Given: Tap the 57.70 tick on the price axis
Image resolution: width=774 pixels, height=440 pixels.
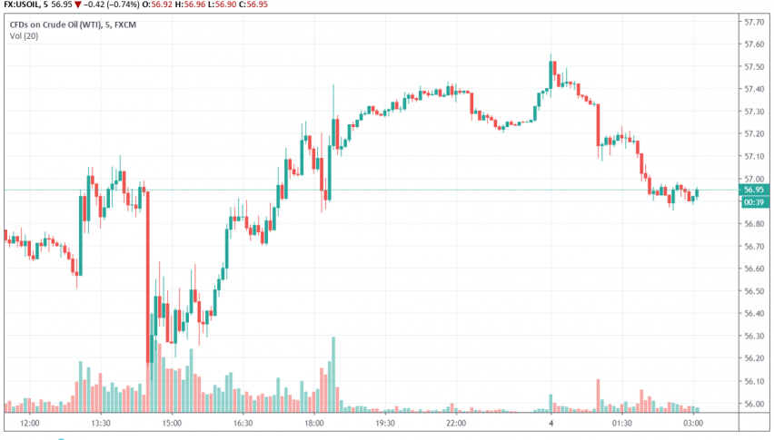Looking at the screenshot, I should [x=753, y=21].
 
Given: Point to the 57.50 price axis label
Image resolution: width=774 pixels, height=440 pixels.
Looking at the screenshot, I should [x=753, y=66].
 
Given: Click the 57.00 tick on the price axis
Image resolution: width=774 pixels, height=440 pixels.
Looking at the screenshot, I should [x=753, y=179].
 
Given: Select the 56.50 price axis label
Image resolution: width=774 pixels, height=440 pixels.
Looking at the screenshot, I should [x=753, y=291].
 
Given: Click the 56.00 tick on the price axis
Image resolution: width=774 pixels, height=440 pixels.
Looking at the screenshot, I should [x=753, y=404].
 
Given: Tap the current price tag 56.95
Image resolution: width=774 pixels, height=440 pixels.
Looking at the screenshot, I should [x=753, y=190].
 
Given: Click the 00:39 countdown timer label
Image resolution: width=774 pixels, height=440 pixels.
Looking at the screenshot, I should [x=753, y=201].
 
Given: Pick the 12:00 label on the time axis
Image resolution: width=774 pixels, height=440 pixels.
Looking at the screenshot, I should [x=30, y=423].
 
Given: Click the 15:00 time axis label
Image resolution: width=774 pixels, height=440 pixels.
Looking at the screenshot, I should [x=172, y=423].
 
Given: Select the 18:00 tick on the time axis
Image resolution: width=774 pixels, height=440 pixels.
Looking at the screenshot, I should [x=313, y=423].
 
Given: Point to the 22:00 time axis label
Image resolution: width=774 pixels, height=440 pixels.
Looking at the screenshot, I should [x=455, y=423].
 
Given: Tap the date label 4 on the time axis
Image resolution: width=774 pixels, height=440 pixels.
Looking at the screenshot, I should [x=551, y=423].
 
